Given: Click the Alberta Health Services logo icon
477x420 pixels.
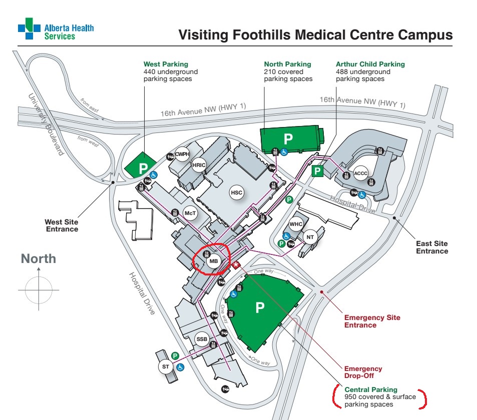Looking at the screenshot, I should click(29, 29).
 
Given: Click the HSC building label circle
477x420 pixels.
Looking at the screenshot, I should click(236, 192).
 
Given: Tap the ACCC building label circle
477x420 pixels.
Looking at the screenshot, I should click(360, 173).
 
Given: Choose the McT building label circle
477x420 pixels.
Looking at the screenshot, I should click(190, 213).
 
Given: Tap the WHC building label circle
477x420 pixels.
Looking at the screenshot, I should click(296, 224).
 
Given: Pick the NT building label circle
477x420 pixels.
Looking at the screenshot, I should click(310, 237).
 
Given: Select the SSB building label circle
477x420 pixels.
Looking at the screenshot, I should click(202, 339).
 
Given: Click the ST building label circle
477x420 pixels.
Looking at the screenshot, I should click(166, 367).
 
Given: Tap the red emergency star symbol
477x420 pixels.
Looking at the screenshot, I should click(236, 264).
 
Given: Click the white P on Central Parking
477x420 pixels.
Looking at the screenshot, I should click(260, 307).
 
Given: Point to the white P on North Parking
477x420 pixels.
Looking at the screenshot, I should click(288, 138).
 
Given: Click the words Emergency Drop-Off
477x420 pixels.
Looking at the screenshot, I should click(363, 372).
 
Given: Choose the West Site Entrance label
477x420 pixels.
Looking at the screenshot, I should click(62, 225).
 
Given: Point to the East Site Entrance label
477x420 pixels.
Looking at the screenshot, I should click(432, 247).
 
